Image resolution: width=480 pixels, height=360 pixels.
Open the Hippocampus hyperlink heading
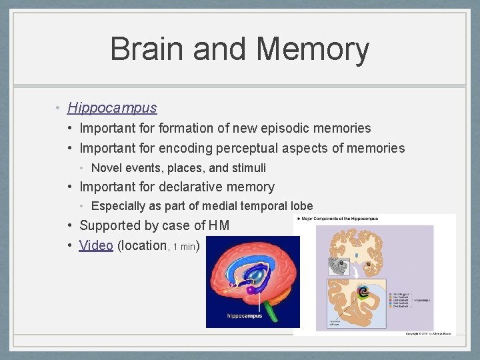point(112,107)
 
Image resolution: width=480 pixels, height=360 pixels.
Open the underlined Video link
point(96,245)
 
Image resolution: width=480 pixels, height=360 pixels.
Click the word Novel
point(106,168)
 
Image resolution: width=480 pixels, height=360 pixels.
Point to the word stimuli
point(248,168)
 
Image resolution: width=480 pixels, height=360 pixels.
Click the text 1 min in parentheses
point(184,247)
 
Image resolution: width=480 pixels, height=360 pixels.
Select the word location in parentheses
point(142,245)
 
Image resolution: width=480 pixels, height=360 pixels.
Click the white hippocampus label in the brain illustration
point(245,315)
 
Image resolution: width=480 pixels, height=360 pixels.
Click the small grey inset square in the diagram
point(339,267)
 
